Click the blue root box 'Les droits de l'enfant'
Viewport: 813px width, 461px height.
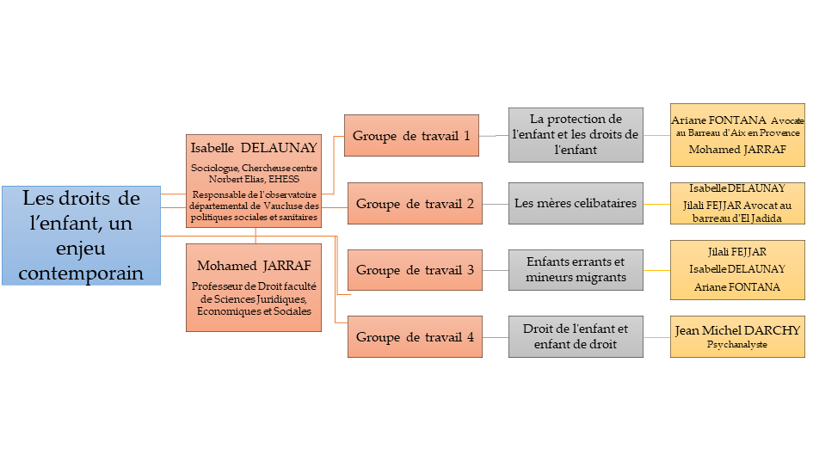pyautogui.click(x=81, y=235)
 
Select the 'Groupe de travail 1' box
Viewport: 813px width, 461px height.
pyautogui.click(x=411, y=136)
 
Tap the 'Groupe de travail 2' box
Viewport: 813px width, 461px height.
pyautogui.click(x=415, y=204)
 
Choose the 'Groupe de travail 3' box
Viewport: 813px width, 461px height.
pyautogui.click(x=415, y=269)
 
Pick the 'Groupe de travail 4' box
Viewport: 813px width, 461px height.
pyautogui.click(x=415, y=337)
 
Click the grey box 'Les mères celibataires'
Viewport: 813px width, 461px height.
pyautogui.click(x=576, y=204)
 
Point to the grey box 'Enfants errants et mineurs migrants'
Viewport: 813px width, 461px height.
pyautogui.click(x=576, y=269)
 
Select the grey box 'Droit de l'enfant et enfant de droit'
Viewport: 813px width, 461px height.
pyautogui.click(x=576, y=337)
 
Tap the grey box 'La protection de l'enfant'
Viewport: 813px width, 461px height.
pyautogui.click(x=576, y=134)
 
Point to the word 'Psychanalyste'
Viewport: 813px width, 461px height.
pyautogui.click(x=736, y=345)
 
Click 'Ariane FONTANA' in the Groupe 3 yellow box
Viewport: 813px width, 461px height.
pyautogui.click(x=737, y=287)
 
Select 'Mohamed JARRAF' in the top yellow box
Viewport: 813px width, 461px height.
pyautogui.click(x=736, y=149)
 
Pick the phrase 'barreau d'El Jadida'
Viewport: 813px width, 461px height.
pyautogui.click(x=736, y=218)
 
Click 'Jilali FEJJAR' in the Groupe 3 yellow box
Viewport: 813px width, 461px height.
pyautogui.click(x=737, y=251)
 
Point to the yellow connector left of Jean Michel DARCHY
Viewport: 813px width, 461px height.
pyautogui.click(x=657, y=337)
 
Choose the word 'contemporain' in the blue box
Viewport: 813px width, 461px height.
pyautogui.click(x=81, y=273)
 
